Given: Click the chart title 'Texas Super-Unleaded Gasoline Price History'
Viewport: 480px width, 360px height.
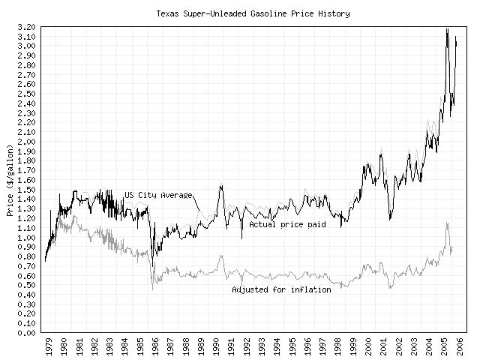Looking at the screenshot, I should (253, 13).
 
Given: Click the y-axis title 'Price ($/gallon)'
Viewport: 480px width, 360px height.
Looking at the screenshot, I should (10, 180).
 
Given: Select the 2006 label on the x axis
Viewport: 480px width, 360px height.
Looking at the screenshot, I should (460, 348).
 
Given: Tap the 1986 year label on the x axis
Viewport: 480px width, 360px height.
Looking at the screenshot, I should (153, 348).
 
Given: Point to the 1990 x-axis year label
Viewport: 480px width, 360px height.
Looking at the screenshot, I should (214, 348).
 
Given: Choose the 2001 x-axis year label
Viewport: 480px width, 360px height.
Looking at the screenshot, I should (383, 348).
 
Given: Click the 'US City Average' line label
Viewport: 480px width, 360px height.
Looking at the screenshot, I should (159, 195).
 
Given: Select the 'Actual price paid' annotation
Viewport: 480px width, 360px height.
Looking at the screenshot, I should (287, 223).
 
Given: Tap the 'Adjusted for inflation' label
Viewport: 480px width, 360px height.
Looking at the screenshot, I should (281, 289).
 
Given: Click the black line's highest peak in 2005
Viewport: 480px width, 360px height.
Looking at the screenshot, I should (447, 29).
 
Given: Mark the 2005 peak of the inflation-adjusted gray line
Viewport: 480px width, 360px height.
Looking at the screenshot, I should (447, 222).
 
